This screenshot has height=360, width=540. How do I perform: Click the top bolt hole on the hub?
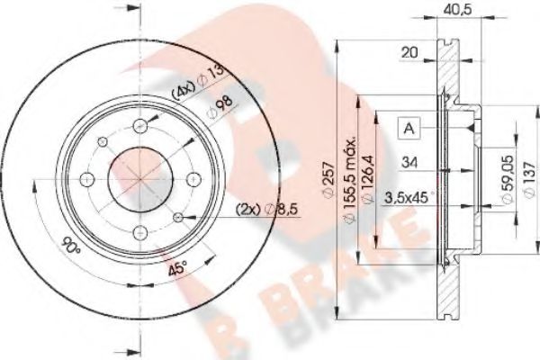click(x=141, y=126)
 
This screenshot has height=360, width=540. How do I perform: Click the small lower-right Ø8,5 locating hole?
click(x=179, y=216)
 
